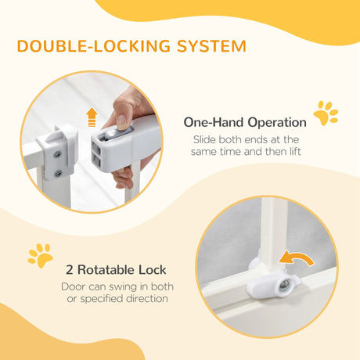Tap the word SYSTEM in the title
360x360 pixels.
201,46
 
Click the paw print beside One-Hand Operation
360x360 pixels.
326,113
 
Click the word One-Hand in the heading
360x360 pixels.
208,122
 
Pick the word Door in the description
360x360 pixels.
74,286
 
